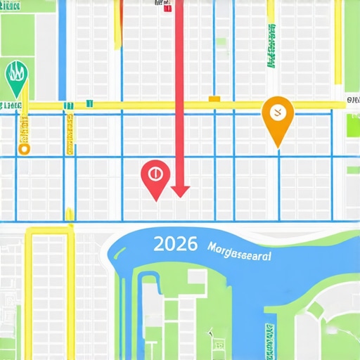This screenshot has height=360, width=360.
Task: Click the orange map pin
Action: [x=277, y=116]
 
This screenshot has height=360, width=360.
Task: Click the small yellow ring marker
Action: [x=25, y=148]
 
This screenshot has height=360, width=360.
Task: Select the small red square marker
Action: [x=166, y=9]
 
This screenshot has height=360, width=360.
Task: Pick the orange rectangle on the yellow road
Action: [x=214, y=99]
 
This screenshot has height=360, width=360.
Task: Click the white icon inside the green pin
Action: [x=16, y=72]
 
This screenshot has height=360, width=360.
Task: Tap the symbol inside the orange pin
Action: [x=277, y=110]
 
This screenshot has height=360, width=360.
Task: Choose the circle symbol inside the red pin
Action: [x=155, y=172]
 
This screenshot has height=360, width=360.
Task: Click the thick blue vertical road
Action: [x=62, y=49]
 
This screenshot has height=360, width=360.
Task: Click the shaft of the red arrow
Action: [x=179, y=91]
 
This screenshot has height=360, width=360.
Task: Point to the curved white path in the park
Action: [x=316, y=309]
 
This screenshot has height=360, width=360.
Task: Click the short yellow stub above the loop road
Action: [x=69, y=214]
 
